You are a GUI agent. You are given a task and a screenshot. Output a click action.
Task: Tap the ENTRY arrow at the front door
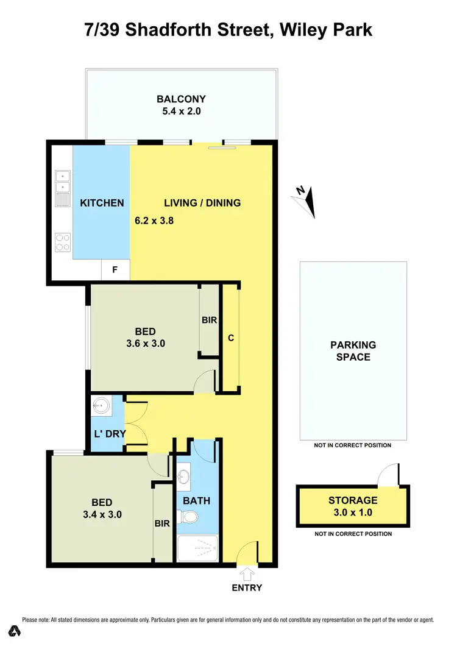pyautogui.click(x=247, y=573)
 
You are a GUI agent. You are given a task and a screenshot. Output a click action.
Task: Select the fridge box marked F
pyautogui.click(x=115, y=269)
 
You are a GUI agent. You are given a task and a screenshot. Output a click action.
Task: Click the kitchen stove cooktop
pyautogui.click(x=63, y=242)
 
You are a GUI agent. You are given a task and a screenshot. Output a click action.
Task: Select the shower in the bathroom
pyautogui.click(x=197, y=548)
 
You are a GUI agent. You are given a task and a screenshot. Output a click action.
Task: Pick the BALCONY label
pyautogui.click(x=181, y=99)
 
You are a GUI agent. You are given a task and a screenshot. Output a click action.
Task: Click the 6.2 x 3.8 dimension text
pyautogui.click(x=154, y=221)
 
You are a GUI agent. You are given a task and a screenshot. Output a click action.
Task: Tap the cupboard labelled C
pyautogui.click(x=231, y=338)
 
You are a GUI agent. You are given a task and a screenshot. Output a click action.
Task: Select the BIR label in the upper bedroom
pyautogui.click(x=209, y=319)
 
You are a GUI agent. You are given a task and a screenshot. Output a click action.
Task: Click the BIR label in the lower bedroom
pyautogui.click(x=162, y=522)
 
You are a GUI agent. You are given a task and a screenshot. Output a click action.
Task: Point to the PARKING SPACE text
pyautogui.click(x=353, y=350)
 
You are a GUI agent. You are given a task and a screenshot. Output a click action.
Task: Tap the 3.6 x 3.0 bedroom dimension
pyautogui.click(x=146, y=343)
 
